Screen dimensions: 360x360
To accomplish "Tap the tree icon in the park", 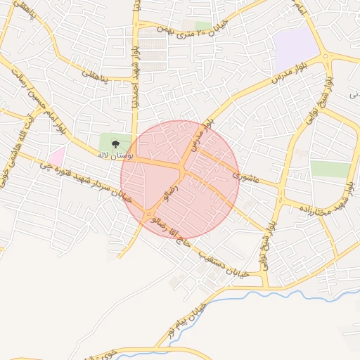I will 115,143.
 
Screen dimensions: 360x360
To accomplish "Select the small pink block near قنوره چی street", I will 56,156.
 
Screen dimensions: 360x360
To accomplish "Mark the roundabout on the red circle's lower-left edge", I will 150,213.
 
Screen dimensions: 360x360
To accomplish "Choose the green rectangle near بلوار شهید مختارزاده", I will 330,169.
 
